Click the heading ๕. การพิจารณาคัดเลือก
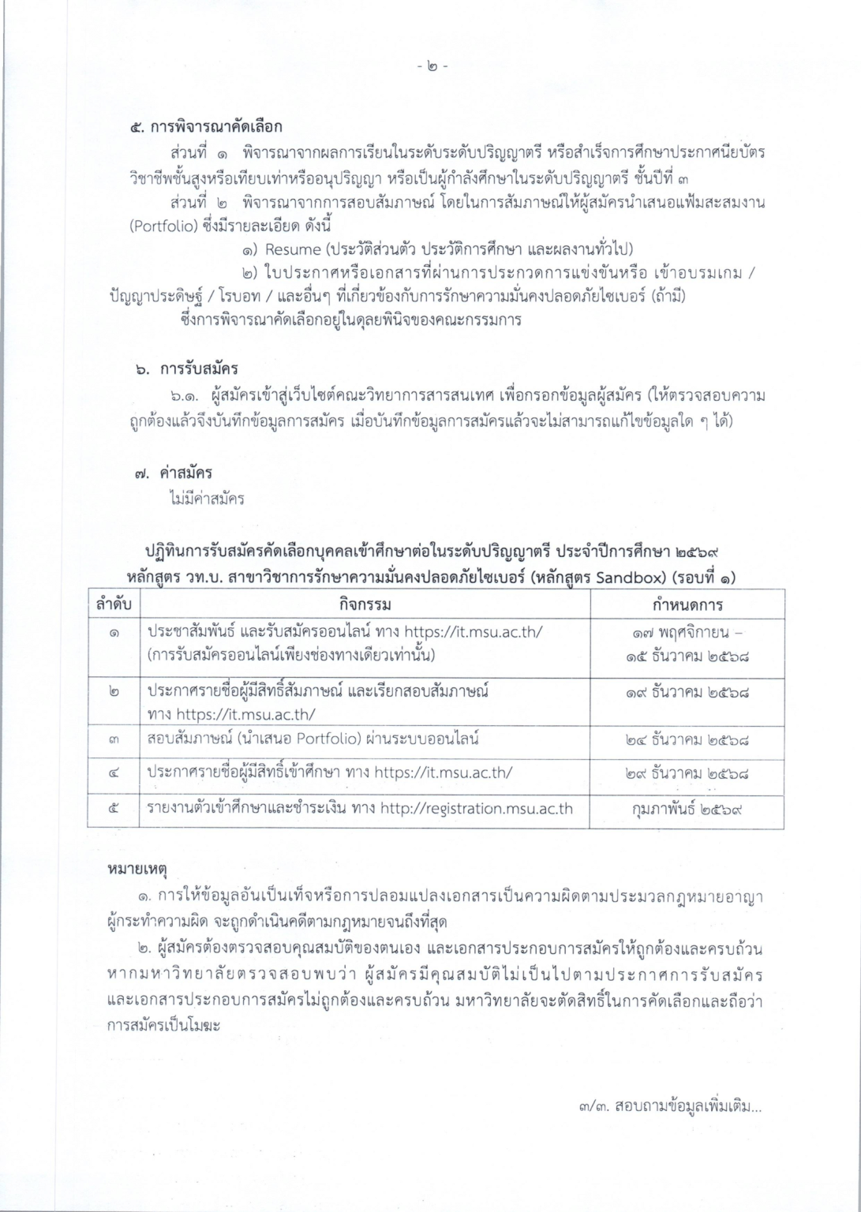coord(207,126)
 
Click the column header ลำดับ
coord(114,605)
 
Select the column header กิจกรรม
coord(365,605)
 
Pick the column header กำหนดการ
coord(687,605)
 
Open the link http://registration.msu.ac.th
coord(476,808)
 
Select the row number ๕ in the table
coord(114,809)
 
